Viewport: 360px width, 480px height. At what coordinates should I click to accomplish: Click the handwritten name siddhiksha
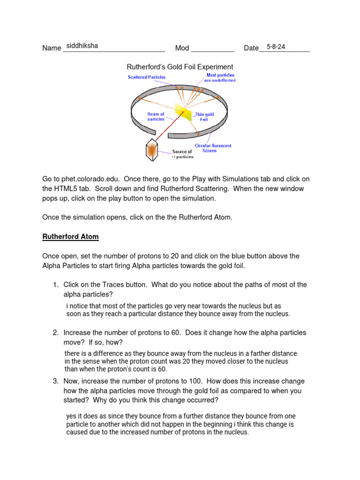[x=82, y=46]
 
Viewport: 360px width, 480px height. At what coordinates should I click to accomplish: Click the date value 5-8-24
[x=276, y=47]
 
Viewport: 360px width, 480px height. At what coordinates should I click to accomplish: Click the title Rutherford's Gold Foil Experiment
[x=180, y=67]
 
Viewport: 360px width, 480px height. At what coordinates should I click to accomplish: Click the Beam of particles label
[x=156, y=117]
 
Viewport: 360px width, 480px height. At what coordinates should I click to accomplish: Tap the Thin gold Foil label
[x=204, y=117]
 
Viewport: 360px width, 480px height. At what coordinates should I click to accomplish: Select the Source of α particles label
[x=182, y=154]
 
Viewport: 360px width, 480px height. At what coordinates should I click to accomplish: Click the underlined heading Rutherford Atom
[x=70, y=237]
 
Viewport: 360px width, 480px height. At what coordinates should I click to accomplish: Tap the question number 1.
[x=55, y=285]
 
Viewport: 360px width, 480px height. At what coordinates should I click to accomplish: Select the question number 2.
[x=55, y=333]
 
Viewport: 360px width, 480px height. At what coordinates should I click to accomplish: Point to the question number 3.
[x=55, y=381]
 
